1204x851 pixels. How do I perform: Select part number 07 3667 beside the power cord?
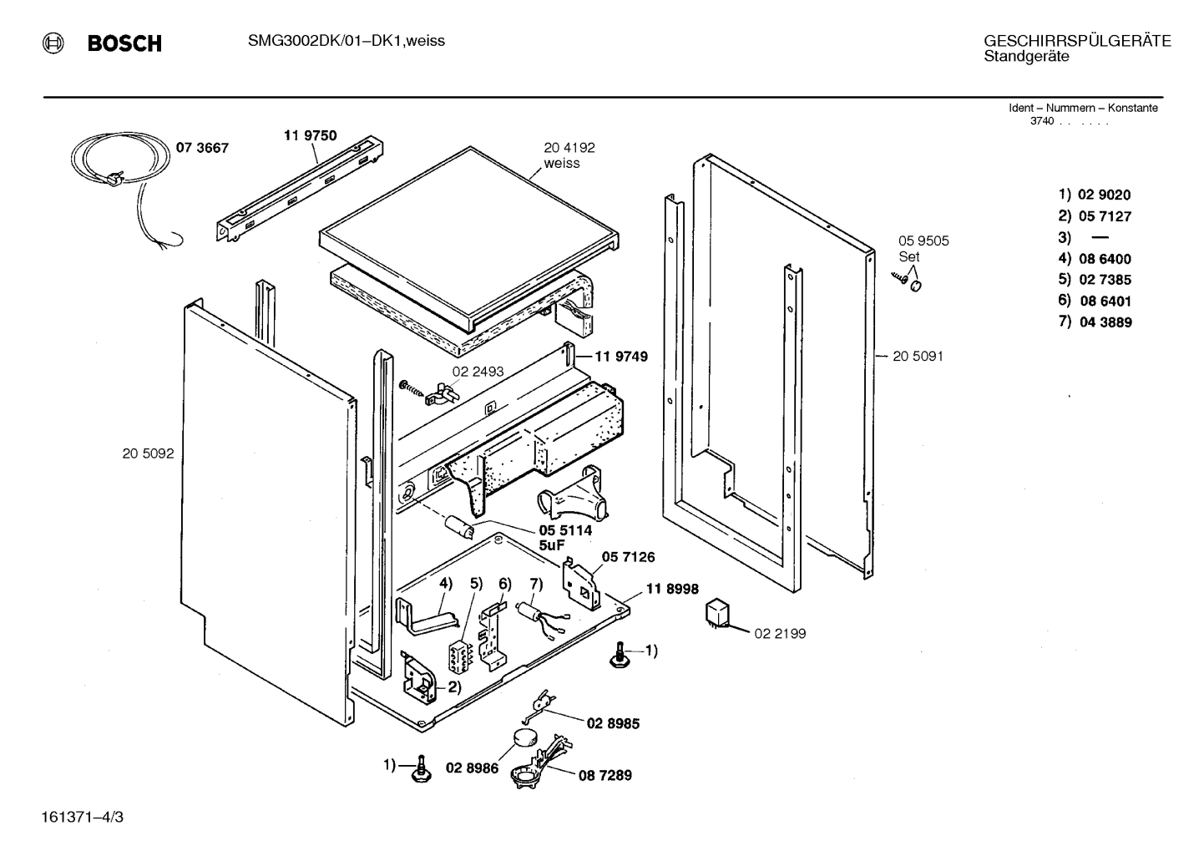pyautogui.click(x=201, y=149)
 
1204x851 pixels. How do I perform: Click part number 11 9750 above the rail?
pyautogui.click(x=311, y=135)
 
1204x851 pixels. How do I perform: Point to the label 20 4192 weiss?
pyautogui.click(x=569, y=155)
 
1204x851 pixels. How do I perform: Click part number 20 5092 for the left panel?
pyautogui.click(x=148, y=453)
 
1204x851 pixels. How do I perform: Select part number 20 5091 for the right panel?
pyautogui.click(x=918, y=357)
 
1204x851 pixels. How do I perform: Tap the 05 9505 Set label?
pyautogui.click(x=923, y=249)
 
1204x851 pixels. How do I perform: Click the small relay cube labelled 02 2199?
pyautogui.click(x=717, y=613)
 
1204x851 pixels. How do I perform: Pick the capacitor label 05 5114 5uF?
pyautogui.click(x=564, y=538)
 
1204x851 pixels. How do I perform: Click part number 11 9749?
pyautogui.click(x=620, y=357)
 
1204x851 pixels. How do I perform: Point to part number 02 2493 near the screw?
pyautogui.click(x=478, y=372)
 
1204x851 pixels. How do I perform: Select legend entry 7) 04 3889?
pyautogui.click(x=1095, y=322)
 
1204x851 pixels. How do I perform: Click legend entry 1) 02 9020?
pyautogui.click(x=1095, y=195)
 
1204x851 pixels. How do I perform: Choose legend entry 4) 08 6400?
pyautogui.click(x=1095, y=259)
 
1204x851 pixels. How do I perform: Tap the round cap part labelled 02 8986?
pyautogui.click(x=525, y=737)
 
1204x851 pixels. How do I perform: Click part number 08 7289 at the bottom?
pyautogui.click(x=605, y=776)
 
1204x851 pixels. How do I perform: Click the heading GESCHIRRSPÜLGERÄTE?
pyautogui.click(x=1077, y=41)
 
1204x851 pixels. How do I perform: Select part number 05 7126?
pyautogui.click(x=628, y=557)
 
